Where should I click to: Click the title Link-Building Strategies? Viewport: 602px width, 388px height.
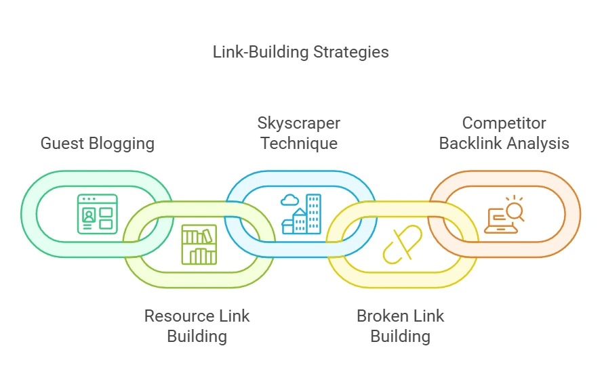tap(301, 52)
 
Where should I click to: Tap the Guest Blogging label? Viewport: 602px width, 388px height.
tap(98, 144)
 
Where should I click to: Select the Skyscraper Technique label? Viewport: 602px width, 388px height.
tap(299, 133)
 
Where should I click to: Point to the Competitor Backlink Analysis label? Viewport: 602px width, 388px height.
tap(504, 133)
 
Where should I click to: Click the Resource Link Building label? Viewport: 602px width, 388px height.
tap(197, 326)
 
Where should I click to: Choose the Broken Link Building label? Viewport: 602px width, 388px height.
tap(400, 326)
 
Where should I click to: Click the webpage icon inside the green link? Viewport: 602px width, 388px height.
tap(97, 213)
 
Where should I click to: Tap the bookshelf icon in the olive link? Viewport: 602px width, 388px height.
tap(199, 244)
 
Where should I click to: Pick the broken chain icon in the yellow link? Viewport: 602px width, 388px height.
tap(402, 244)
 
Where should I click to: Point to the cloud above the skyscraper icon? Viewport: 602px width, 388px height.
tap(289, 200)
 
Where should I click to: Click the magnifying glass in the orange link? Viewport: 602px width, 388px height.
tap(513, 211)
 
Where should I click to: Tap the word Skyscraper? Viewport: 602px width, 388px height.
tap(299, 124)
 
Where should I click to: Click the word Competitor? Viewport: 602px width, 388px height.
tap(504, 124)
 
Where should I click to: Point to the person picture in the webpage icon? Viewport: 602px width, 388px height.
tap(89, 215)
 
